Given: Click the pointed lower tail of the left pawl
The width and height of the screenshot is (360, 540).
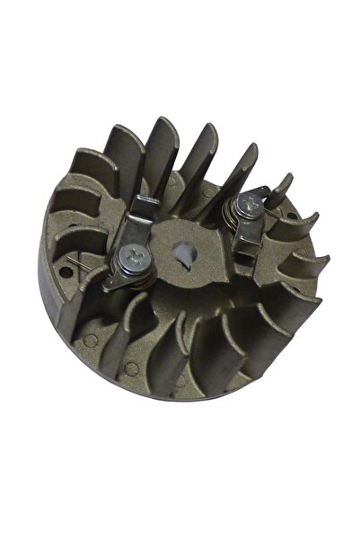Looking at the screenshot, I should [x=109, y=286].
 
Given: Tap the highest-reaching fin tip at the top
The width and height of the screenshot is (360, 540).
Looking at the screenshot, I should [x=164, y=121].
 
